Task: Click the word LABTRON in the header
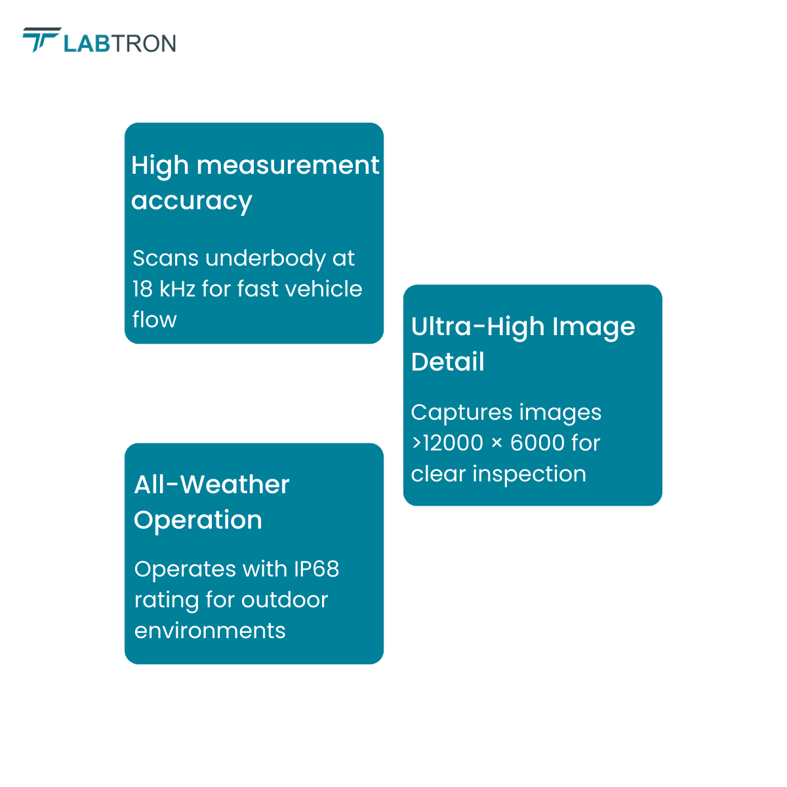120,44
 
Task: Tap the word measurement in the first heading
288,165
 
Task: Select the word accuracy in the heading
192,202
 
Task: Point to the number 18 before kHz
142,289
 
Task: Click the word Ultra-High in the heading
478,327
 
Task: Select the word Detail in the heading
448,361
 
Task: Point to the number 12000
453,443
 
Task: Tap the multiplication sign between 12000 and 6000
496,443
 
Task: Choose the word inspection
529,474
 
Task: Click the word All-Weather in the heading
212,485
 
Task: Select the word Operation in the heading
198,521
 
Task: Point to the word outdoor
285,599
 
